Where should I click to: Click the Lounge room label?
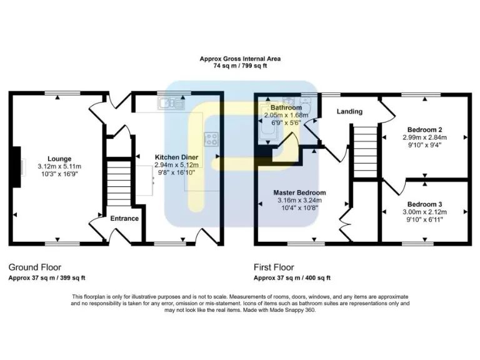point(59,159)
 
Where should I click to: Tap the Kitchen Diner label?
point(177,157)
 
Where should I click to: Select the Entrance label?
point(124,218)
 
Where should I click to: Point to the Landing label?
point(349,112)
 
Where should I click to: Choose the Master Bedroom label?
point(299,192)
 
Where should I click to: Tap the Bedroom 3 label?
point(424,204)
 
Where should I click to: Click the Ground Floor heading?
point(35,267)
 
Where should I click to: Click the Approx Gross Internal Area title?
point(240,59)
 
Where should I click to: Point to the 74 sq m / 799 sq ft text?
point(240,66)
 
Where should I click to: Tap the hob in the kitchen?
point(211,139)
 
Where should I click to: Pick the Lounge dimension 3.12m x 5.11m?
point(59,166)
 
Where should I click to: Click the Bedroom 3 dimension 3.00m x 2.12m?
point(424,212)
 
